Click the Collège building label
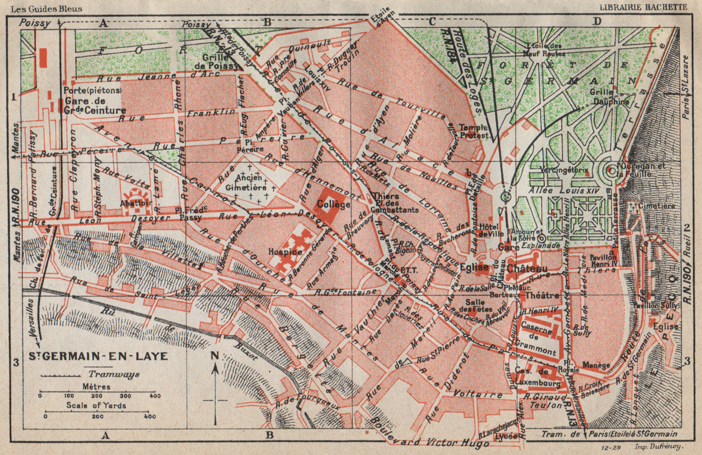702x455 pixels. coord(333,204)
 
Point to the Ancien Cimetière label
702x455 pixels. coord(251,182)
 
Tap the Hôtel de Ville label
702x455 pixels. coord(492,230)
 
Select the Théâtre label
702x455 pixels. coord(542,295)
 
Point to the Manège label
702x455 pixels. coord(596,365)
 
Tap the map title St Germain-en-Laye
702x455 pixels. coord(98,356)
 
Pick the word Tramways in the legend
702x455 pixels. coord(114,374)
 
